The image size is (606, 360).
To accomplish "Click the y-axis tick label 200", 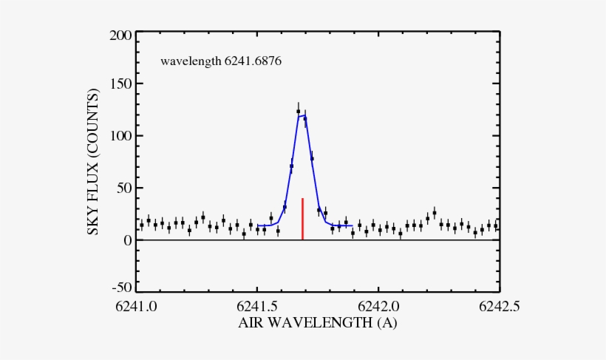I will point(122,35).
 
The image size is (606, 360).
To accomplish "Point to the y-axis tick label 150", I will point(122,85).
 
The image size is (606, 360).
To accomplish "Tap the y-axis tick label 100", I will point(122,136).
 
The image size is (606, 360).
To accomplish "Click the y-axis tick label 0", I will point(129,240).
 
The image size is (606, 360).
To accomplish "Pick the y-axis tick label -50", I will point(123,288).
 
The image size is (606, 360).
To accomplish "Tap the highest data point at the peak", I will point(299,112).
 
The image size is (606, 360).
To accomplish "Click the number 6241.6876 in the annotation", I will point(253,61).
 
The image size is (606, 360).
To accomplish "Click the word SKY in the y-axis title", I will point(95,220).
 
